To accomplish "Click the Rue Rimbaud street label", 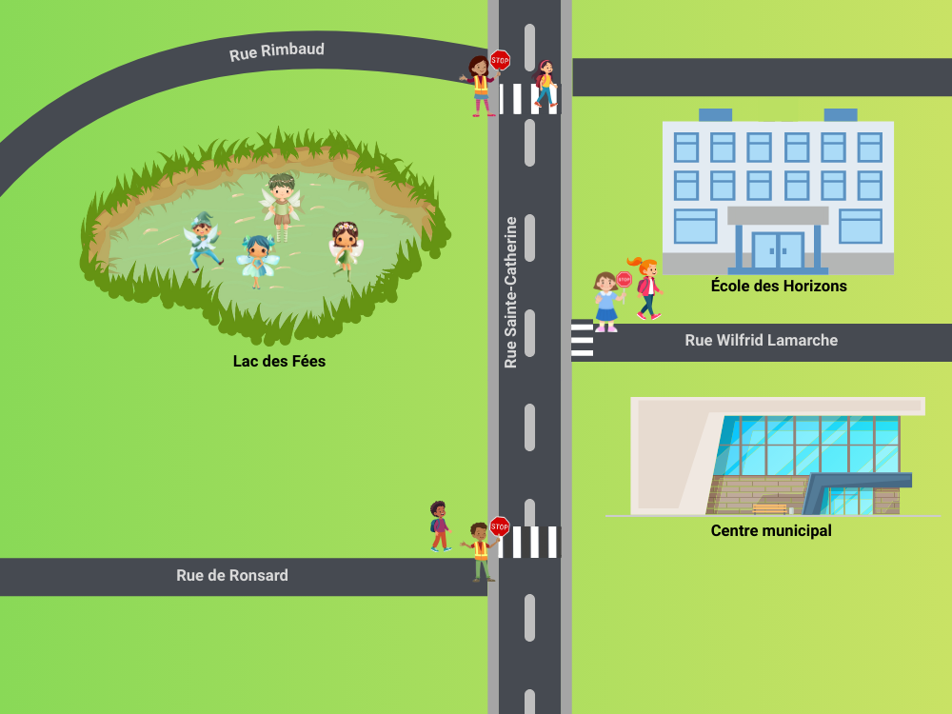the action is pos(276,51).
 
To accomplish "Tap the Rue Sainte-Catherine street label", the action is pos(511,292).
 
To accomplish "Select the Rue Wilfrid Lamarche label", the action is pos(761,340).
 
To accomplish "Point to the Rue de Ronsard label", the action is pos(231,575).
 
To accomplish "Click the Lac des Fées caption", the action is pos(279,361).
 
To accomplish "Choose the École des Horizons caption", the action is pos(778,286).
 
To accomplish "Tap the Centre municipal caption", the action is pos(771,530).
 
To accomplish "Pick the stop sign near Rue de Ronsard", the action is pos(499,526).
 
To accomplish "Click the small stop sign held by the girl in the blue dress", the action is pos(624,279).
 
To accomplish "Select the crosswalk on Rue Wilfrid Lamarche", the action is pos(582,340).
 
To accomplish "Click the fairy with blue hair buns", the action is pos(255,260).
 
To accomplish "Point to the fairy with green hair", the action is pos(281,205).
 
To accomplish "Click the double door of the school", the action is pos(778,250).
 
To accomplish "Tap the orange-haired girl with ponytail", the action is pos(647,287).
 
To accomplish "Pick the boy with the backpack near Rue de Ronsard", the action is pos(439,526).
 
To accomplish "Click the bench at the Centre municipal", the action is pos(769,508).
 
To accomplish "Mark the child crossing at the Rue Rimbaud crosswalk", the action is pos(545,84).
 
